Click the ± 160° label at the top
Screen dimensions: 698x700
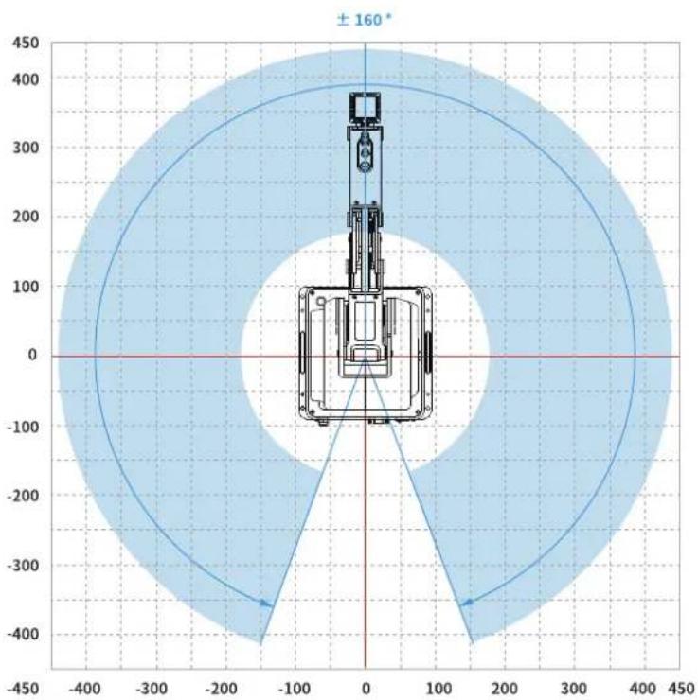tap(364, 20)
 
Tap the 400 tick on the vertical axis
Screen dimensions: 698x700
tap(26, 79)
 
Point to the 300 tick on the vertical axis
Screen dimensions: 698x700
tap(26, 148)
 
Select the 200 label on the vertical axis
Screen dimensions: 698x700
tap(26, 217)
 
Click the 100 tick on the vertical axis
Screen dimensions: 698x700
tap(26, 287)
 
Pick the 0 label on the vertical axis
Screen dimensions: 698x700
tap(32, 355)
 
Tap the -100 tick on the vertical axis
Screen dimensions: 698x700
tap(23, 427)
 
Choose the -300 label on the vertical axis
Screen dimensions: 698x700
tap(23, 565)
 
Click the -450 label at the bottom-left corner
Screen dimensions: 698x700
tap(23, 689)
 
